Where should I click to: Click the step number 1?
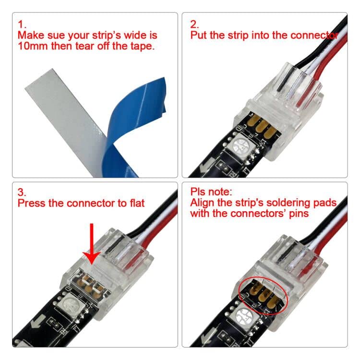[x=21, y=24]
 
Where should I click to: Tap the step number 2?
[x=194, y=24]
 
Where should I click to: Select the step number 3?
[x=22, y=192]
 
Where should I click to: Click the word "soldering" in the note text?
[x=287, y=203]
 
